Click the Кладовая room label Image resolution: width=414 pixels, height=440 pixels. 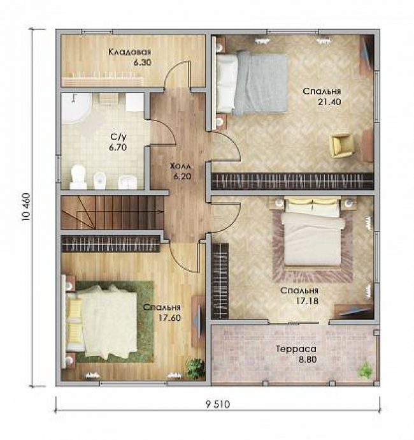click(x=129, y=52)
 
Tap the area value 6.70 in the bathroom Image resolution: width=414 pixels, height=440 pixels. click(x=118, y=147)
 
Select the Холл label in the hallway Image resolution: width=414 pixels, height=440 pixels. click(x=180, y=166)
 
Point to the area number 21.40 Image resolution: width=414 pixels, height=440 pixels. click(x=329, y=102)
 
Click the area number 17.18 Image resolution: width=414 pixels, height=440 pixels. click(x=307, y=301)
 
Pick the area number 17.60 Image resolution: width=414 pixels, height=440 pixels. click(x=169, y=318)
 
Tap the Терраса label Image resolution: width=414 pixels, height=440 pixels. click(x=296, y=349)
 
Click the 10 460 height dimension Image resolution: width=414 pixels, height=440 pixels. click(x=25, y=207)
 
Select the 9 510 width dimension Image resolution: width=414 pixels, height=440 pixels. click(x=218, y=404)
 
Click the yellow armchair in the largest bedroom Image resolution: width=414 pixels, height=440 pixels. click(x=342, y=145)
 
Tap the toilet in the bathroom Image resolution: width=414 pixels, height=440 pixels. click(x=78, y=177)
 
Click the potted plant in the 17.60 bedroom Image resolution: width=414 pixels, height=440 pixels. click(x=195, y=369)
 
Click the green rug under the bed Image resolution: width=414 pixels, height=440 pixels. click(x=115, y=321)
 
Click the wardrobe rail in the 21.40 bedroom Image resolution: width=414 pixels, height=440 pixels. click(x=292, y=181)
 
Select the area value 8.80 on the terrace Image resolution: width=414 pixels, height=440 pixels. click(x=308, y=360)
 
